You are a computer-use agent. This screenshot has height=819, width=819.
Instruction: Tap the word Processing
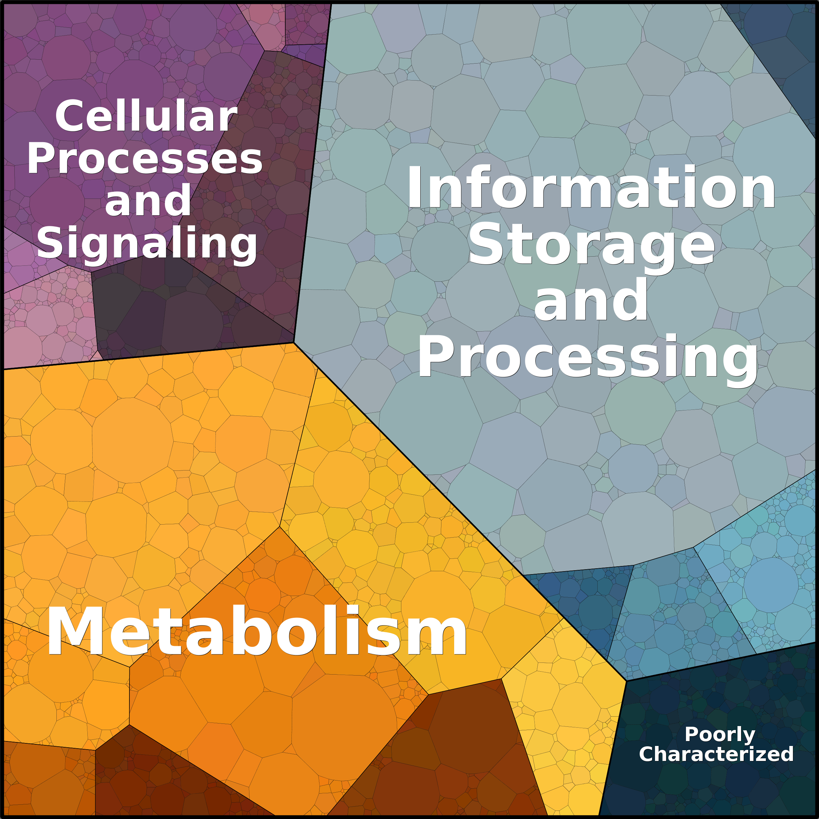[x=588, y=357]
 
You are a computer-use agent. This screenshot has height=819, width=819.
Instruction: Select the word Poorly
[x=720, y=734]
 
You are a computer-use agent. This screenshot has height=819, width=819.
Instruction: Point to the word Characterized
[x=716, y=754]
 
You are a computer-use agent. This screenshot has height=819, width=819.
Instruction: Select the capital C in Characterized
[x=647, y=754]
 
